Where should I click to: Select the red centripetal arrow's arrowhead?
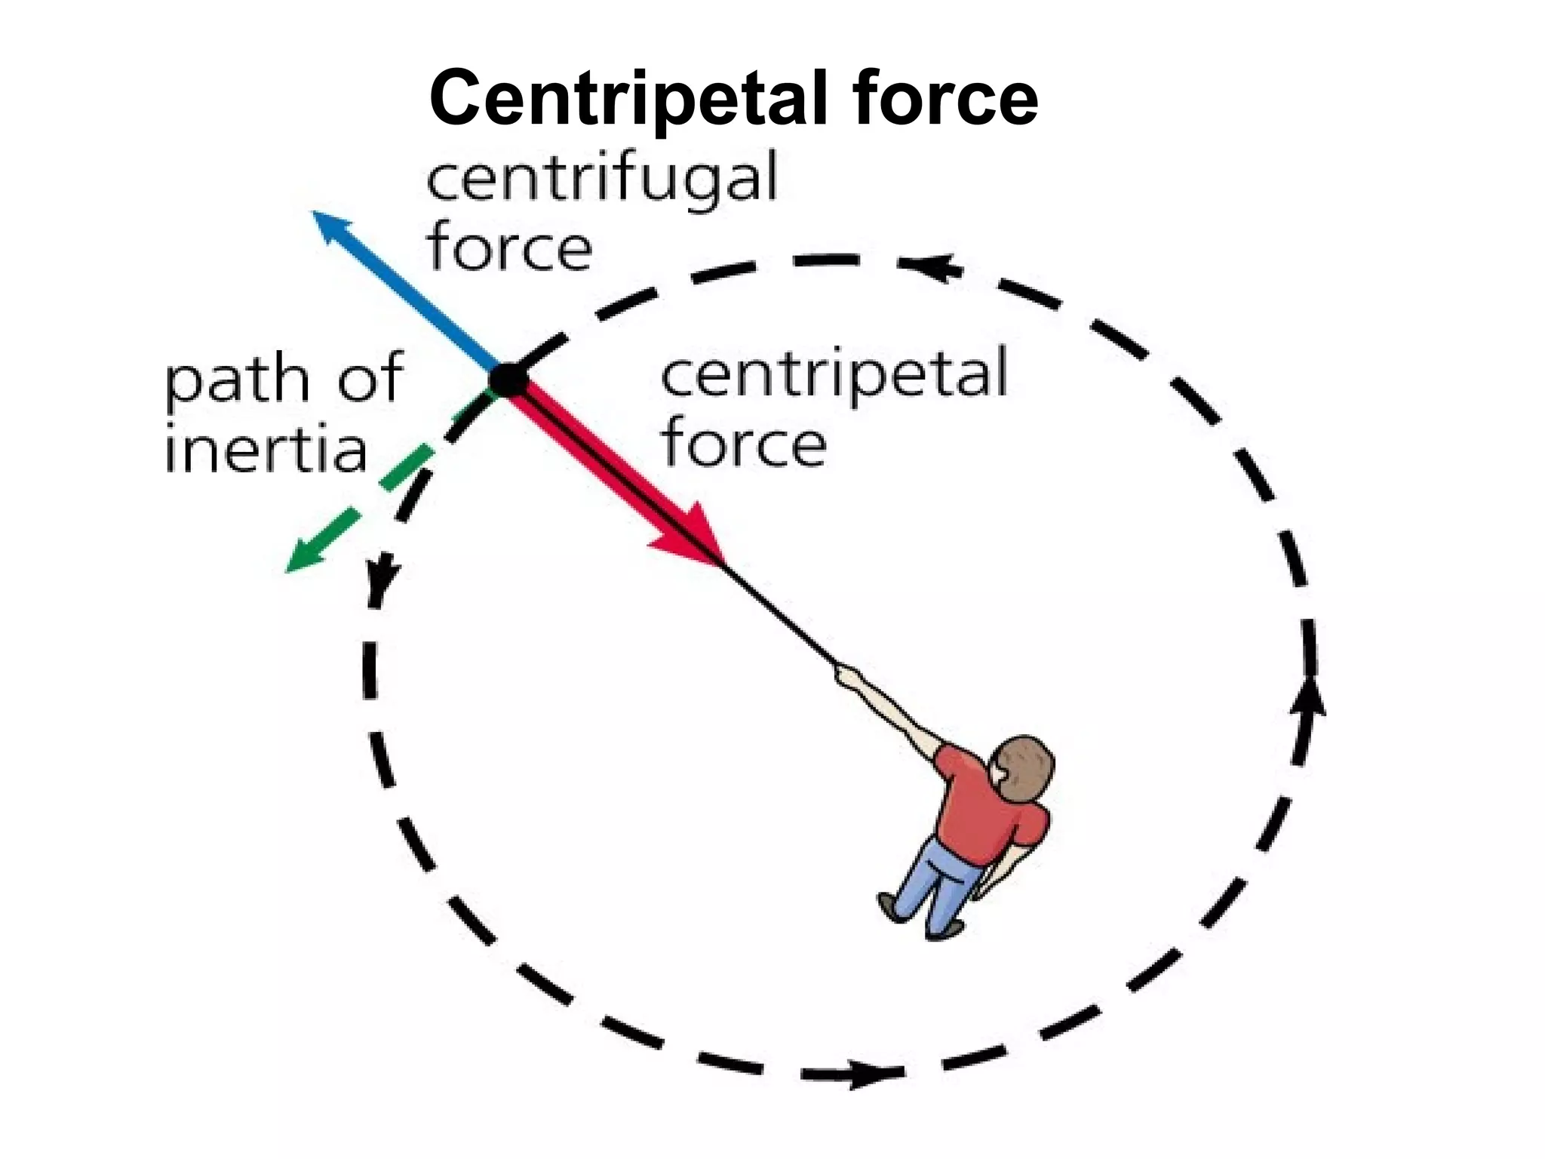point(691,536)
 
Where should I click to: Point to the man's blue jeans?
point(939,884)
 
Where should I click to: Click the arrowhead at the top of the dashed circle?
point(931,266)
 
